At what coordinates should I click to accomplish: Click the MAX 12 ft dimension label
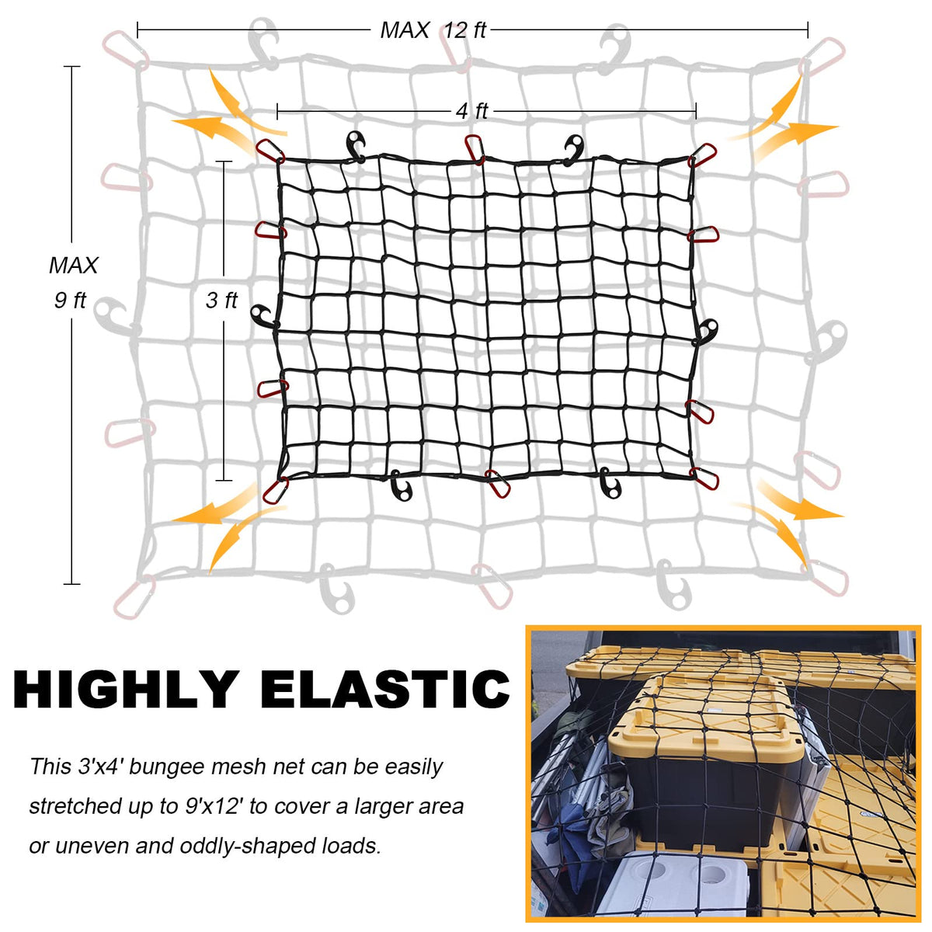[433, 30]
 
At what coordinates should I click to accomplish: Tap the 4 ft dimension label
[472, 112]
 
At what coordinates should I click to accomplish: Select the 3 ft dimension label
[221, 301]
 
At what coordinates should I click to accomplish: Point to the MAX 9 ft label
[73, 283]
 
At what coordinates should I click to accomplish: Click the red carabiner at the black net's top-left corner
[271, 150]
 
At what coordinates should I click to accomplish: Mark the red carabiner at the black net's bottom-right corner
[704, 478]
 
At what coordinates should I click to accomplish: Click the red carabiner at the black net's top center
[475, 148]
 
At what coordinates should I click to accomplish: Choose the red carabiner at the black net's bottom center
[497, 483]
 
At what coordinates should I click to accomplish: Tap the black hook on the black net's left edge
[264, 316]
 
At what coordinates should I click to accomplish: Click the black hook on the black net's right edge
[706, 331]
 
